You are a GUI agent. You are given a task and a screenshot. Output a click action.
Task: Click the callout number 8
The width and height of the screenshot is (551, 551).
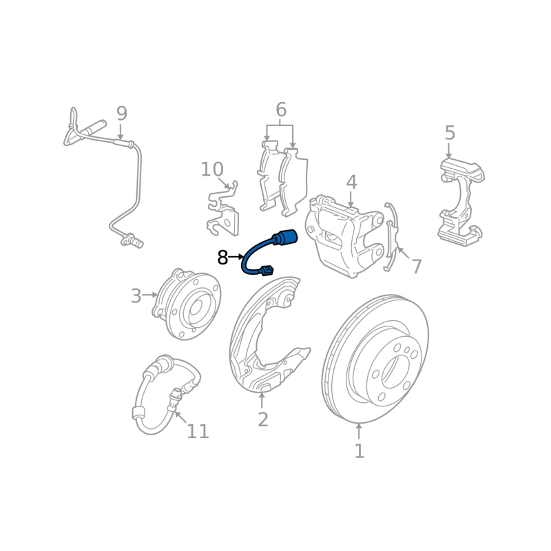pyautogui.click(x=222, y=258)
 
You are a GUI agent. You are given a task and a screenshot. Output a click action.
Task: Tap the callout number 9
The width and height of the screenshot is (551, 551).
pyautogui.click(x=122, y=114)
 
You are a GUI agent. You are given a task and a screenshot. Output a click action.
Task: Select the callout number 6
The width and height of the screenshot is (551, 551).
pyautogui.click(x=281, y=110)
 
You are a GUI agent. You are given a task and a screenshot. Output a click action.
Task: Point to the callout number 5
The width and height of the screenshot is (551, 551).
pyautogui.click(x=450, y=133)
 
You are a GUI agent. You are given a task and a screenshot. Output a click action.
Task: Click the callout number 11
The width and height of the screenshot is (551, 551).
pyautogui.click(x=198, y=431)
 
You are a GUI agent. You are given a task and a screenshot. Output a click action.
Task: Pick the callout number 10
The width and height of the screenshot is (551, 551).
pyautogui.click(x=212, y=169)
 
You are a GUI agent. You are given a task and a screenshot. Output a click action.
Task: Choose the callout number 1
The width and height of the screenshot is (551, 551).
pyautogui.click(x=359, y=451)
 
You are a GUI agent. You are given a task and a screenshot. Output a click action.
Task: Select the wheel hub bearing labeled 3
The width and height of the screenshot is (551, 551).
pyautogui.click(x=186, y=304)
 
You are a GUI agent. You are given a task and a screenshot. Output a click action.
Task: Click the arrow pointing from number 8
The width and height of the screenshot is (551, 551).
pyautogui.click(x=236, y=257)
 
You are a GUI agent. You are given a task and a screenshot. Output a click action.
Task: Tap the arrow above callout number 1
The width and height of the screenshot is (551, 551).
pyautogui.click(x=359, y=432)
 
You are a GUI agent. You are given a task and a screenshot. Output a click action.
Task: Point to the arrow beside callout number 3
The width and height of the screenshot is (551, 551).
pyautogui.click(x=150, y=295)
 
